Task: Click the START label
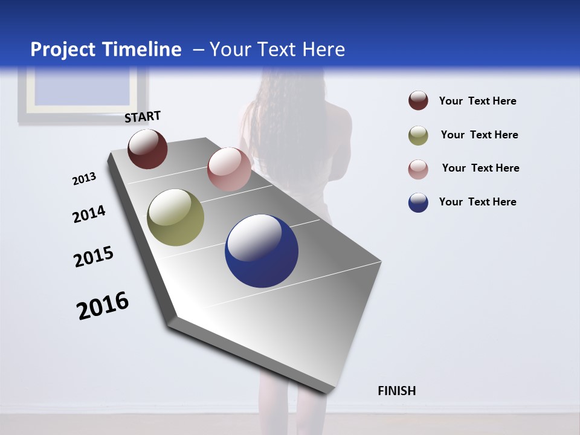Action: click(143, 117)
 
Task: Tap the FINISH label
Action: click(396, 391)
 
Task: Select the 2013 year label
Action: click(84, 179)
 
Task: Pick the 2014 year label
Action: click(89, 214)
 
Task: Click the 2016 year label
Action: click(103, 306)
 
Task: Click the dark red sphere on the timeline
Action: click(147, 149)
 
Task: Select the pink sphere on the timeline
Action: click(229, 169)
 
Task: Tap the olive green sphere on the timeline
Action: click(175, 217)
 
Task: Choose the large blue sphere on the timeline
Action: click(262, 251)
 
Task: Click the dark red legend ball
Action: click(418, 101)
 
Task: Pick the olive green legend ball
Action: click(418, 135)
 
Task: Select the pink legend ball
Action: click(418, 169)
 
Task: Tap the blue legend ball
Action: click(418, 202)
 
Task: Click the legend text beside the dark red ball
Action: click(477, 101)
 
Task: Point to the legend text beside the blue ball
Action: click(477, 202)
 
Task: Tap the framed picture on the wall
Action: click(83, 94)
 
